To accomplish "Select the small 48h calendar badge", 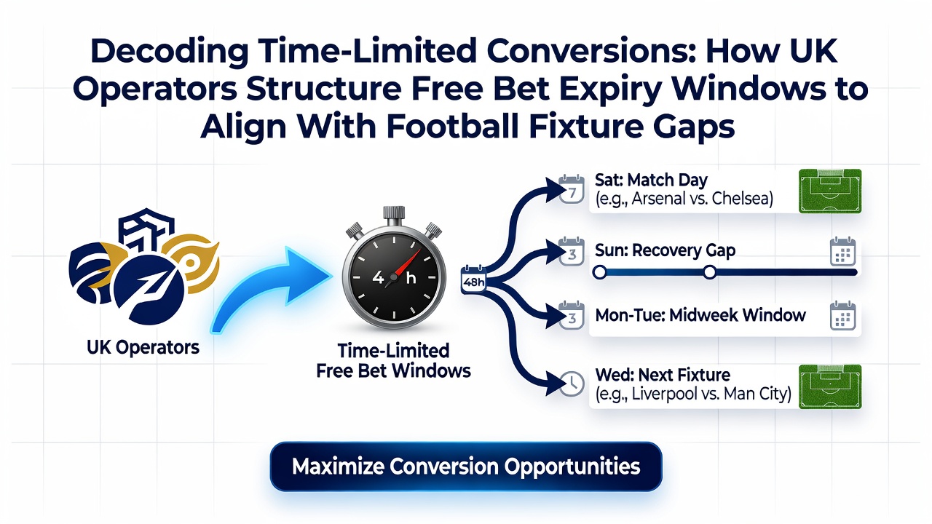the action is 473,280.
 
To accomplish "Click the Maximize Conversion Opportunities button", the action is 466,467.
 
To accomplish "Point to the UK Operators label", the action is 143,347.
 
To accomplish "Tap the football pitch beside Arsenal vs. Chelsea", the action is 830,191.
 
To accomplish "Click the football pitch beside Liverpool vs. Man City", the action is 830,386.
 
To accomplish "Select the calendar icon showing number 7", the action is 572,190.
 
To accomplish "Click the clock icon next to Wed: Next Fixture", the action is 572,383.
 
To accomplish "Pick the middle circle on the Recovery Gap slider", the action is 710,272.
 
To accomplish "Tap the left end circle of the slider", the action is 599,272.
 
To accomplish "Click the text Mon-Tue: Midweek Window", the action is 700,315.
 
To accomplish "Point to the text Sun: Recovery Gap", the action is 665,251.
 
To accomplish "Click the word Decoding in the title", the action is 170,52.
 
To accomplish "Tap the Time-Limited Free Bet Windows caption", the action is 393,360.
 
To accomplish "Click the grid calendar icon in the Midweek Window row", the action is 842,316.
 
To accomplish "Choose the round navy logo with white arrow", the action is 149,290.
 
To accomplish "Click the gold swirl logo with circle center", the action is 191,262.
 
